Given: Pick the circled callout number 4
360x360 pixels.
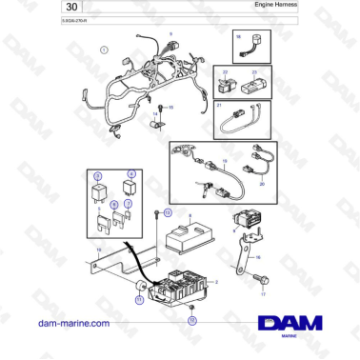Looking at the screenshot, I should click(131, 175).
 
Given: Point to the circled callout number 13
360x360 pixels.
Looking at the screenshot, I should click(168, 211).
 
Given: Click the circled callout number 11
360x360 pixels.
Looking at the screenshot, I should click(139, 298).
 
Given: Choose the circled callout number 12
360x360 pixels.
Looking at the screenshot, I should click(191, 321).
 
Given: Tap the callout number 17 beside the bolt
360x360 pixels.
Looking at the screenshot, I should click(263, 296).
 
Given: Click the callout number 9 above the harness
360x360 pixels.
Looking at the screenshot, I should click(170, 34).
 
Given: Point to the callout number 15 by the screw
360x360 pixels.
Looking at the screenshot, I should click(171, 108).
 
